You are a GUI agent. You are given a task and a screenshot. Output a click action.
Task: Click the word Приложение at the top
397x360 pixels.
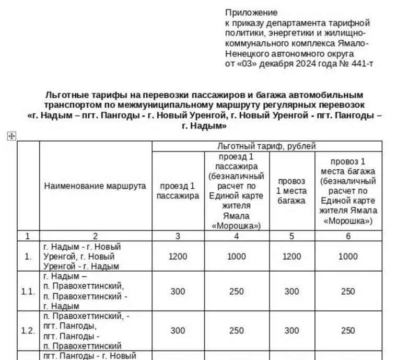coord(251,13)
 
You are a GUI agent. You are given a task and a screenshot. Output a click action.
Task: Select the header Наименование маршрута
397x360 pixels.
coord(95,186)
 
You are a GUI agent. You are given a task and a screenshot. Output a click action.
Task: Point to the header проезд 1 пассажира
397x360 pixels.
coord(178,191)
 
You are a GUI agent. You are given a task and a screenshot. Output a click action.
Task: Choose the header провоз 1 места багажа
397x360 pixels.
coord(291,191)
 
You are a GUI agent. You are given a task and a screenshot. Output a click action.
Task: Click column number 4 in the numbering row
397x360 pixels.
coord(236,236)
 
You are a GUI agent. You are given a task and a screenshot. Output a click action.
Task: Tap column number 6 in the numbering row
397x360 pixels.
coord(348,236)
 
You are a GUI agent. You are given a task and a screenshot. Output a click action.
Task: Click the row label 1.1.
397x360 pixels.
coord(28,292)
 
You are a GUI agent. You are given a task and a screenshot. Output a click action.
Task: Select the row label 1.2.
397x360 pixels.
coord(28,331)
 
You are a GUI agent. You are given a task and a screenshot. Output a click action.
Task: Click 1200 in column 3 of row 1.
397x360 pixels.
coord(178,256)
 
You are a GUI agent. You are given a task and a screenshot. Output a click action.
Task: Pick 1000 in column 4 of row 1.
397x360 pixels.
coord(236,256)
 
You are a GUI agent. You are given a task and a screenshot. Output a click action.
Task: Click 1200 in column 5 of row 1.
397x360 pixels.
coord(291,256)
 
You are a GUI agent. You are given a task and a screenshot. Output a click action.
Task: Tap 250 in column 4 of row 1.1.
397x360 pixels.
coord(236,292)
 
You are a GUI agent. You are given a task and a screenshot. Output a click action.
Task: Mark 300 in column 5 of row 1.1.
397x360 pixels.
coord(291,292)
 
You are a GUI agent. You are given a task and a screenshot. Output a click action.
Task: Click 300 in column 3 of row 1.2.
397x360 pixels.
coord(178,331)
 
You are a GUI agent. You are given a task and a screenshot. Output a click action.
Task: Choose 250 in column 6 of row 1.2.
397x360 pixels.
coord(348,331)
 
